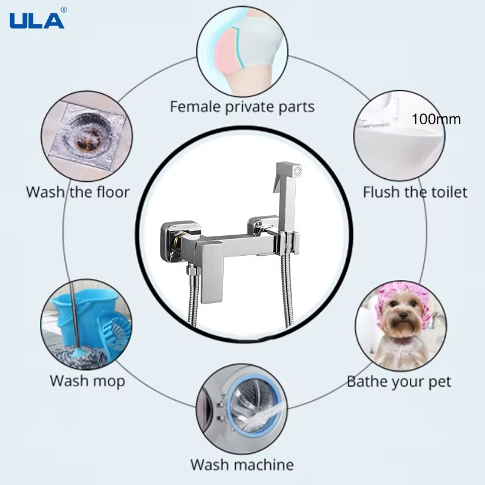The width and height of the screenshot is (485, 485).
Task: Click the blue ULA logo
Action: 37,21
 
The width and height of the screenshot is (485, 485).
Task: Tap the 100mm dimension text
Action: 436,119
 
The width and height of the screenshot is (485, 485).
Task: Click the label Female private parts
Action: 242,107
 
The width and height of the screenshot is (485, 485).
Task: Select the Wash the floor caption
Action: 78,192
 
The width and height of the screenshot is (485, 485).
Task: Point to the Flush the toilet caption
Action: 415,192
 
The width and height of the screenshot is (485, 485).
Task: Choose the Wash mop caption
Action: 87,381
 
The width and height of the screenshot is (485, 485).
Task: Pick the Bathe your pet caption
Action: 399,382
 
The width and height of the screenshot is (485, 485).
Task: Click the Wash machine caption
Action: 242,464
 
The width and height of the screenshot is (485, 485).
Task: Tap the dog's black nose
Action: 403,315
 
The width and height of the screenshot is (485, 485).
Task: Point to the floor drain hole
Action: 87,140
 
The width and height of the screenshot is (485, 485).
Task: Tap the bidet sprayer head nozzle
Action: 298,172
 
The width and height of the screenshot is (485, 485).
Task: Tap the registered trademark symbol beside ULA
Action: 64,10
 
